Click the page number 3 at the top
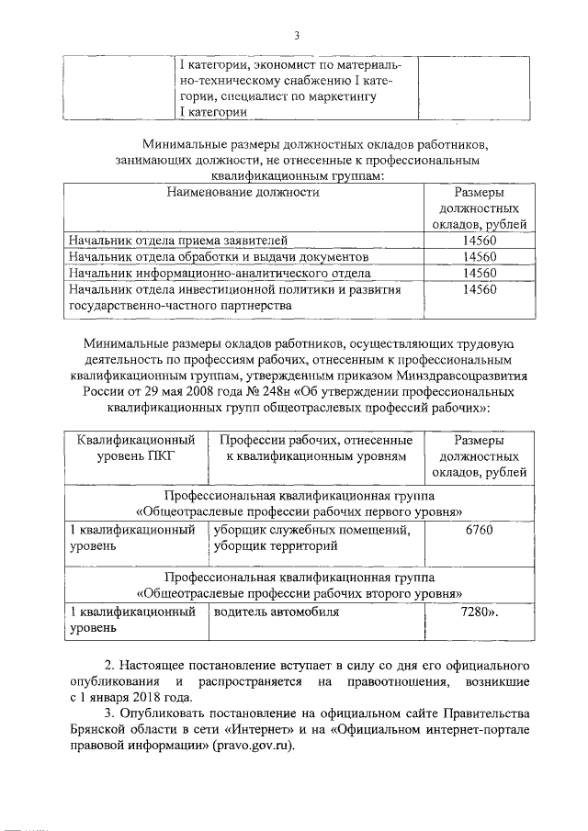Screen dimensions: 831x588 coord(297,36)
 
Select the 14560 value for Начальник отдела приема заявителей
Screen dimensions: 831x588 coord(480,241)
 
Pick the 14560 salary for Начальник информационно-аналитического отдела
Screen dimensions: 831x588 coord(480,273)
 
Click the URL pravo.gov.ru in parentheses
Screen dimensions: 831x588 coord(254,745)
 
